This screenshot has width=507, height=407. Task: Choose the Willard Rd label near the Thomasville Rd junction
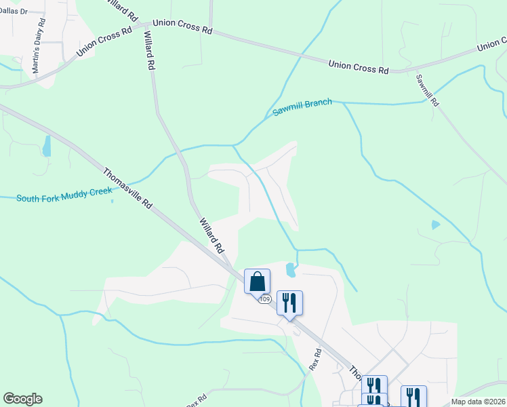click(x=211, y=235)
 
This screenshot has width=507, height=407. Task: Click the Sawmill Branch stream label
click(x=302, y=107)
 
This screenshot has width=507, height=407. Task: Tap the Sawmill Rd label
click(x=428, y=90)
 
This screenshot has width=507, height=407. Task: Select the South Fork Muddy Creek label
click(x=64, y=195)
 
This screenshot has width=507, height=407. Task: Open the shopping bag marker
click(x=257, y=281)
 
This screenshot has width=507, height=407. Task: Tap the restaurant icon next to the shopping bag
click(x=289, y=303)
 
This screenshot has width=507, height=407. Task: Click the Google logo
click(x=22, y=399)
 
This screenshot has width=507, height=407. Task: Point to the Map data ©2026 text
click(x=478, y=402)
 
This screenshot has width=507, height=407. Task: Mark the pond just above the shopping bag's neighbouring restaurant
click(x=291, y=270)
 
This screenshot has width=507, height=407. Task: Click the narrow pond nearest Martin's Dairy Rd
click(x=47, y=146)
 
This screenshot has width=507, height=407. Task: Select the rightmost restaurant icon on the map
click(x=413, y=397)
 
